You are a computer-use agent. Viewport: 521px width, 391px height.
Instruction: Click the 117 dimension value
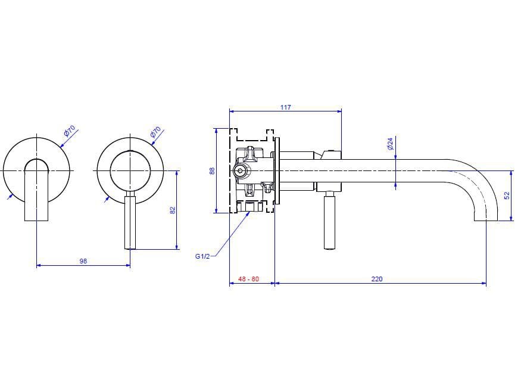click(x=285, y=107)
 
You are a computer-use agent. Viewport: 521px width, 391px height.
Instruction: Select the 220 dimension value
click(x=377, y=279)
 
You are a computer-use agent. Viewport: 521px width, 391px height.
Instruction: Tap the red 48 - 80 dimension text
click(x=248, y=279)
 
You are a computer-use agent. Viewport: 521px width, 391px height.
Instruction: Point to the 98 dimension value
click(x=83, y=261)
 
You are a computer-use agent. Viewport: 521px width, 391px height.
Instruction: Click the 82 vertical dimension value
click(x=173, y=210)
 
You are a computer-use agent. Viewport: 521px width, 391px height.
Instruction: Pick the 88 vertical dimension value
click(x=211, y=170)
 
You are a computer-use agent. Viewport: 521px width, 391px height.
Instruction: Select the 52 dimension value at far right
click(x=507, y=195)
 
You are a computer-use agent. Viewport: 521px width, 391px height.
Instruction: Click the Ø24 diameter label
click(x=390, y=144)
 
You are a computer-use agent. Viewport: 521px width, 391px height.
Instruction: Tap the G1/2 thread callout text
click(x=202, y=256)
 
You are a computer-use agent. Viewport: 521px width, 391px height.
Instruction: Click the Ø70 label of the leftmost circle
click(x=70, y=132)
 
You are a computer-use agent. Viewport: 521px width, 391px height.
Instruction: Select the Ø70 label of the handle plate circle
click(x=156, y=132)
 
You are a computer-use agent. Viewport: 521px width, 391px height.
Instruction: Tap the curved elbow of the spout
click(x=482, y=179)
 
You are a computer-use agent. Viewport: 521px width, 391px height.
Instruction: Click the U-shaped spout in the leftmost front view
click(x=36, y=191)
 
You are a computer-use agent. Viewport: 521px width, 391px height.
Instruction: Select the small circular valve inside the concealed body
click(x=240, y=171)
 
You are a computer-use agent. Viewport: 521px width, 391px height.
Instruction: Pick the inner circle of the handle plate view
click(x=130, y=171)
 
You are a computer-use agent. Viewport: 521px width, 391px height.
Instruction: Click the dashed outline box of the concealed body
click(x=231, y=143)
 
